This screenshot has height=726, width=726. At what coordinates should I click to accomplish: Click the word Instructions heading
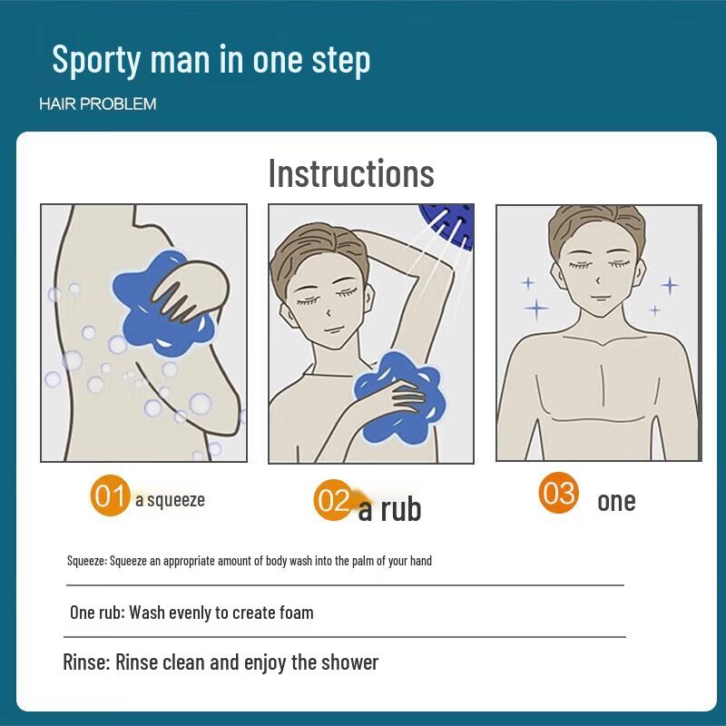pos(351,173)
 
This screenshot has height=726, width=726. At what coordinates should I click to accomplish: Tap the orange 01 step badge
pos(110,497)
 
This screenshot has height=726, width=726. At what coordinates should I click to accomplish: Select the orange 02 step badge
pos(333,501)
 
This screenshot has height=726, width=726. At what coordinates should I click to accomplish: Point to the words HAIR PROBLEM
pos(97,104)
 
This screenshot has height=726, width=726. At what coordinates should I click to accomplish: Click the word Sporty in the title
pos(97,60)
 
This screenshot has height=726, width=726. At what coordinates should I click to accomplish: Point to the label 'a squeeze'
pos(170,499)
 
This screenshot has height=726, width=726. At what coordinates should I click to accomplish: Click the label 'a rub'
pos(389,509)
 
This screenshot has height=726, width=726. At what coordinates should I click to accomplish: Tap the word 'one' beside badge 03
pos(616,501)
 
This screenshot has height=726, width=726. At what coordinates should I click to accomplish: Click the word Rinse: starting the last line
pos(85,662)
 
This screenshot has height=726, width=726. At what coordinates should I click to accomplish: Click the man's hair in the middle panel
pos(304,250)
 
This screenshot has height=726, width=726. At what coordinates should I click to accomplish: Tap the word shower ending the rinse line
pos(348,662)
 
